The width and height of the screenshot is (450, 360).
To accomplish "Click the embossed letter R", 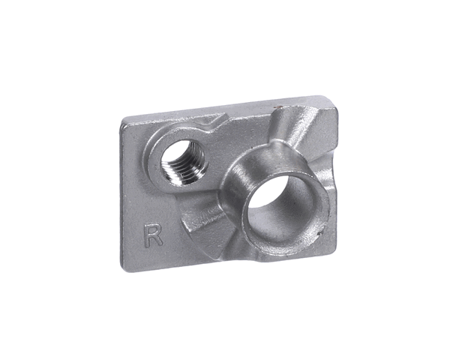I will click(x=152, y=234).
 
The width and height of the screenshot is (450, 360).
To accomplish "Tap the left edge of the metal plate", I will click(x=123, y=195).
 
